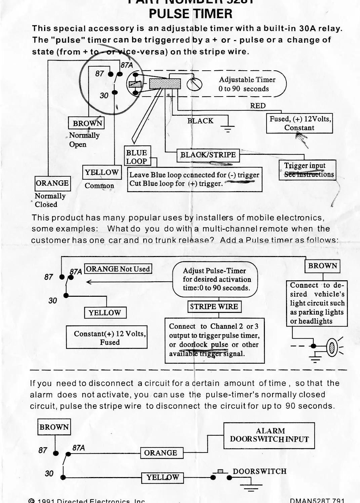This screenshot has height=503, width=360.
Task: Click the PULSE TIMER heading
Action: tap(190, 14)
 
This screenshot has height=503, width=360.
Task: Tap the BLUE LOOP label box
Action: tap(136, 157)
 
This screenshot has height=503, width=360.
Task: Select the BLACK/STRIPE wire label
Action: tap(208, 155)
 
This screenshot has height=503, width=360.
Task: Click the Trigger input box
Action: tap(307, 170)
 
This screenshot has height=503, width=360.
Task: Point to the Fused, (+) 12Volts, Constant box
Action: tap(299, 123)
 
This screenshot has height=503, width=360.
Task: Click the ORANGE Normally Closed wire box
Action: tap(52, 183)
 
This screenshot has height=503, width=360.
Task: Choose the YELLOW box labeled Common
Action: tap(102, 173)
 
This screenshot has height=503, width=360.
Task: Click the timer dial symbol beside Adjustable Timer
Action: tap(195, 85)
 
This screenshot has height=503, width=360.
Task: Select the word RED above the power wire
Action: tap(257, 106)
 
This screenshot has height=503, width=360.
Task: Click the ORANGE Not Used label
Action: tap(118, 269)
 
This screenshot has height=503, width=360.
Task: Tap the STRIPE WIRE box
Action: tap(214, 307)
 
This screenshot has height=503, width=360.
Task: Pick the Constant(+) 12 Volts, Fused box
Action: tap(107, 338)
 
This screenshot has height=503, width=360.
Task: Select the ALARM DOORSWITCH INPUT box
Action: tap(269, 435)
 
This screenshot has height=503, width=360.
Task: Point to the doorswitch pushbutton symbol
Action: tap(221, 473)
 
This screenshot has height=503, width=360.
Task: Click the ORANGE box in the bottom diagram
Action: tap(161, 453)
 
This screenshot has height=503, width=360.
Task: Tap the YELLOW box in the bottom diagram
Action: tap(163, 477)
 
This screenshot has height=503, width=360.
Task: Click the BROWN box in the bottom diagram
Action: tap(54, 427)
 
